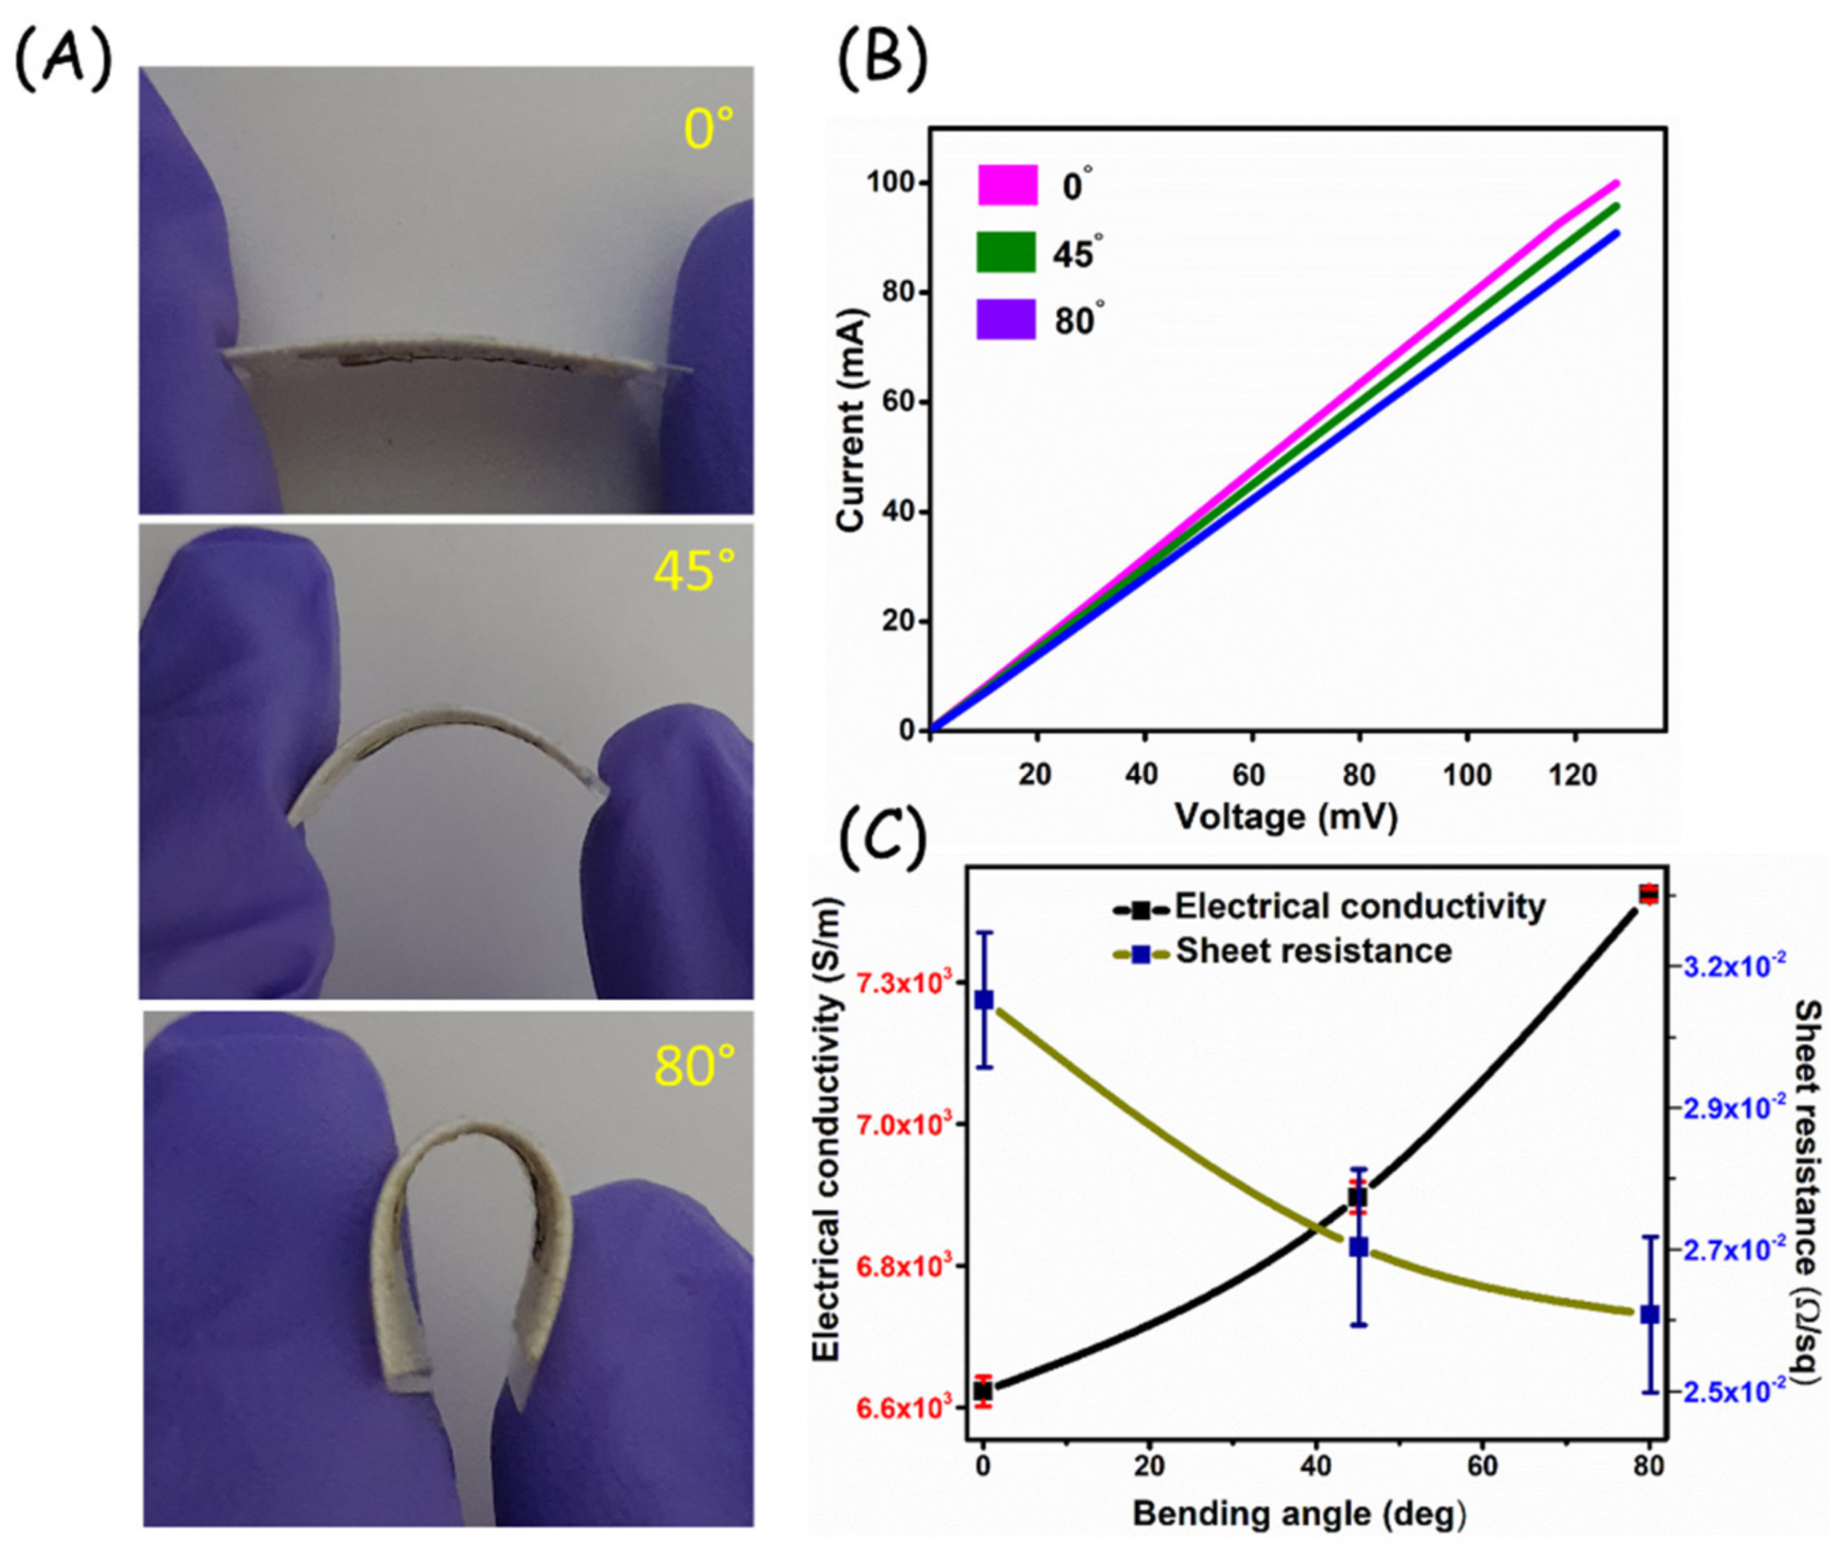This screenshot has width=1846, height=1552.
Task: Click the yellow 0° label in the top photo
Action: pyautogui.click(x=709, y=129)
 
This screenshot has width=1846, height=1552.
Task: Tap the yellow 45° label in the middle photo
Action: pyautogui.click(x=693, y=572)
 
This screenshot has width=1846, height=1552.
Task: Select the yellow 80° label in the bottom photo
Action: pyautogui.click(x=693, y=1067)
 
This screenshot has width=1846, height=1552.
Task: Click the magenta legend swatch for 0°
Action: pyautogui.click(x=1007, y=185)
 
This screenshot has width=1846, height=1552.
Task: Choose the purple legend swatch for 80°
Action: pyautogui.click(x=1006, y=320)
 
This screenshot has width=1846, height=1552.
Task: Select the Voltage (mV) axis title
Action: pyautogui.click(x=1286, y=817)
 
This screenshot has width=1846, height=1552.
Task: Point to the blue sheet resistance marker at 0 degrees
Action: pyautogui.click(x=984, y=1001)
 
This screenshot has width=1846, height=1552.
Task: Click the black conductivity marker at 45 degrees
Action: pyautogui.click(x=1358, y=1197)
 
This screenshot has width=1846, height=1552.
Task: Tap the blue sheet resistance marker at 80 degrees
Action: pyautogui.click(x=1650, y=1314)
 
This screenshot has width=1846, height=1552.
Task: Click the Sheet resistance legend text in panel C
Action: pyautogui.click(x=1314, y=951)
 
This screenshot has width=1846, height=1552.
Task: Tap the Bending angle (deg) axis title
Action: pyautogui.click(x=1299, y=1513)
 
